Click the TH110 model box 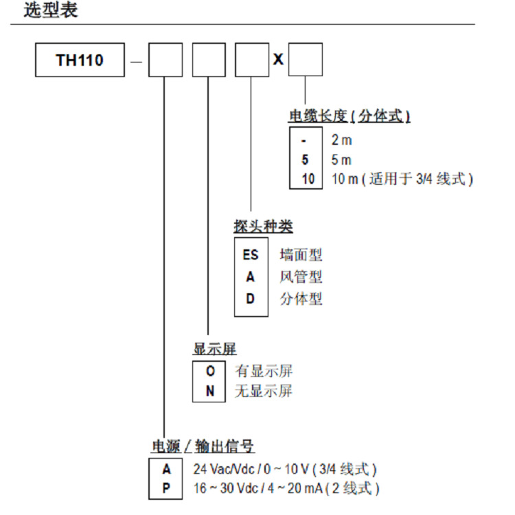coord(80,60)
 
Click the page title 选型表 coord(51,12)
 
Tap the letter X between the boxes coord(278,60)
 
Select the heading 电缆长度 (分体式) coord(350,116)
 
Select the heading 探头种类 coord(264,227)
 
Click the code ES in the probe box coord(251,255)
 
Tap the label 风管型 coord(301,277)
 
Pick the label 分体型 coord(301,299)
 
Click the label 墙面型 coord(301,255)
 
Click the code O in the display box coord(211,371)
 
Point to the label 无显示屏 coord(264,391)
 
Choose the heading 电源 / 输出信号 coord(203,447)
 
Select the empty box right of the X coord(305,60)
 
